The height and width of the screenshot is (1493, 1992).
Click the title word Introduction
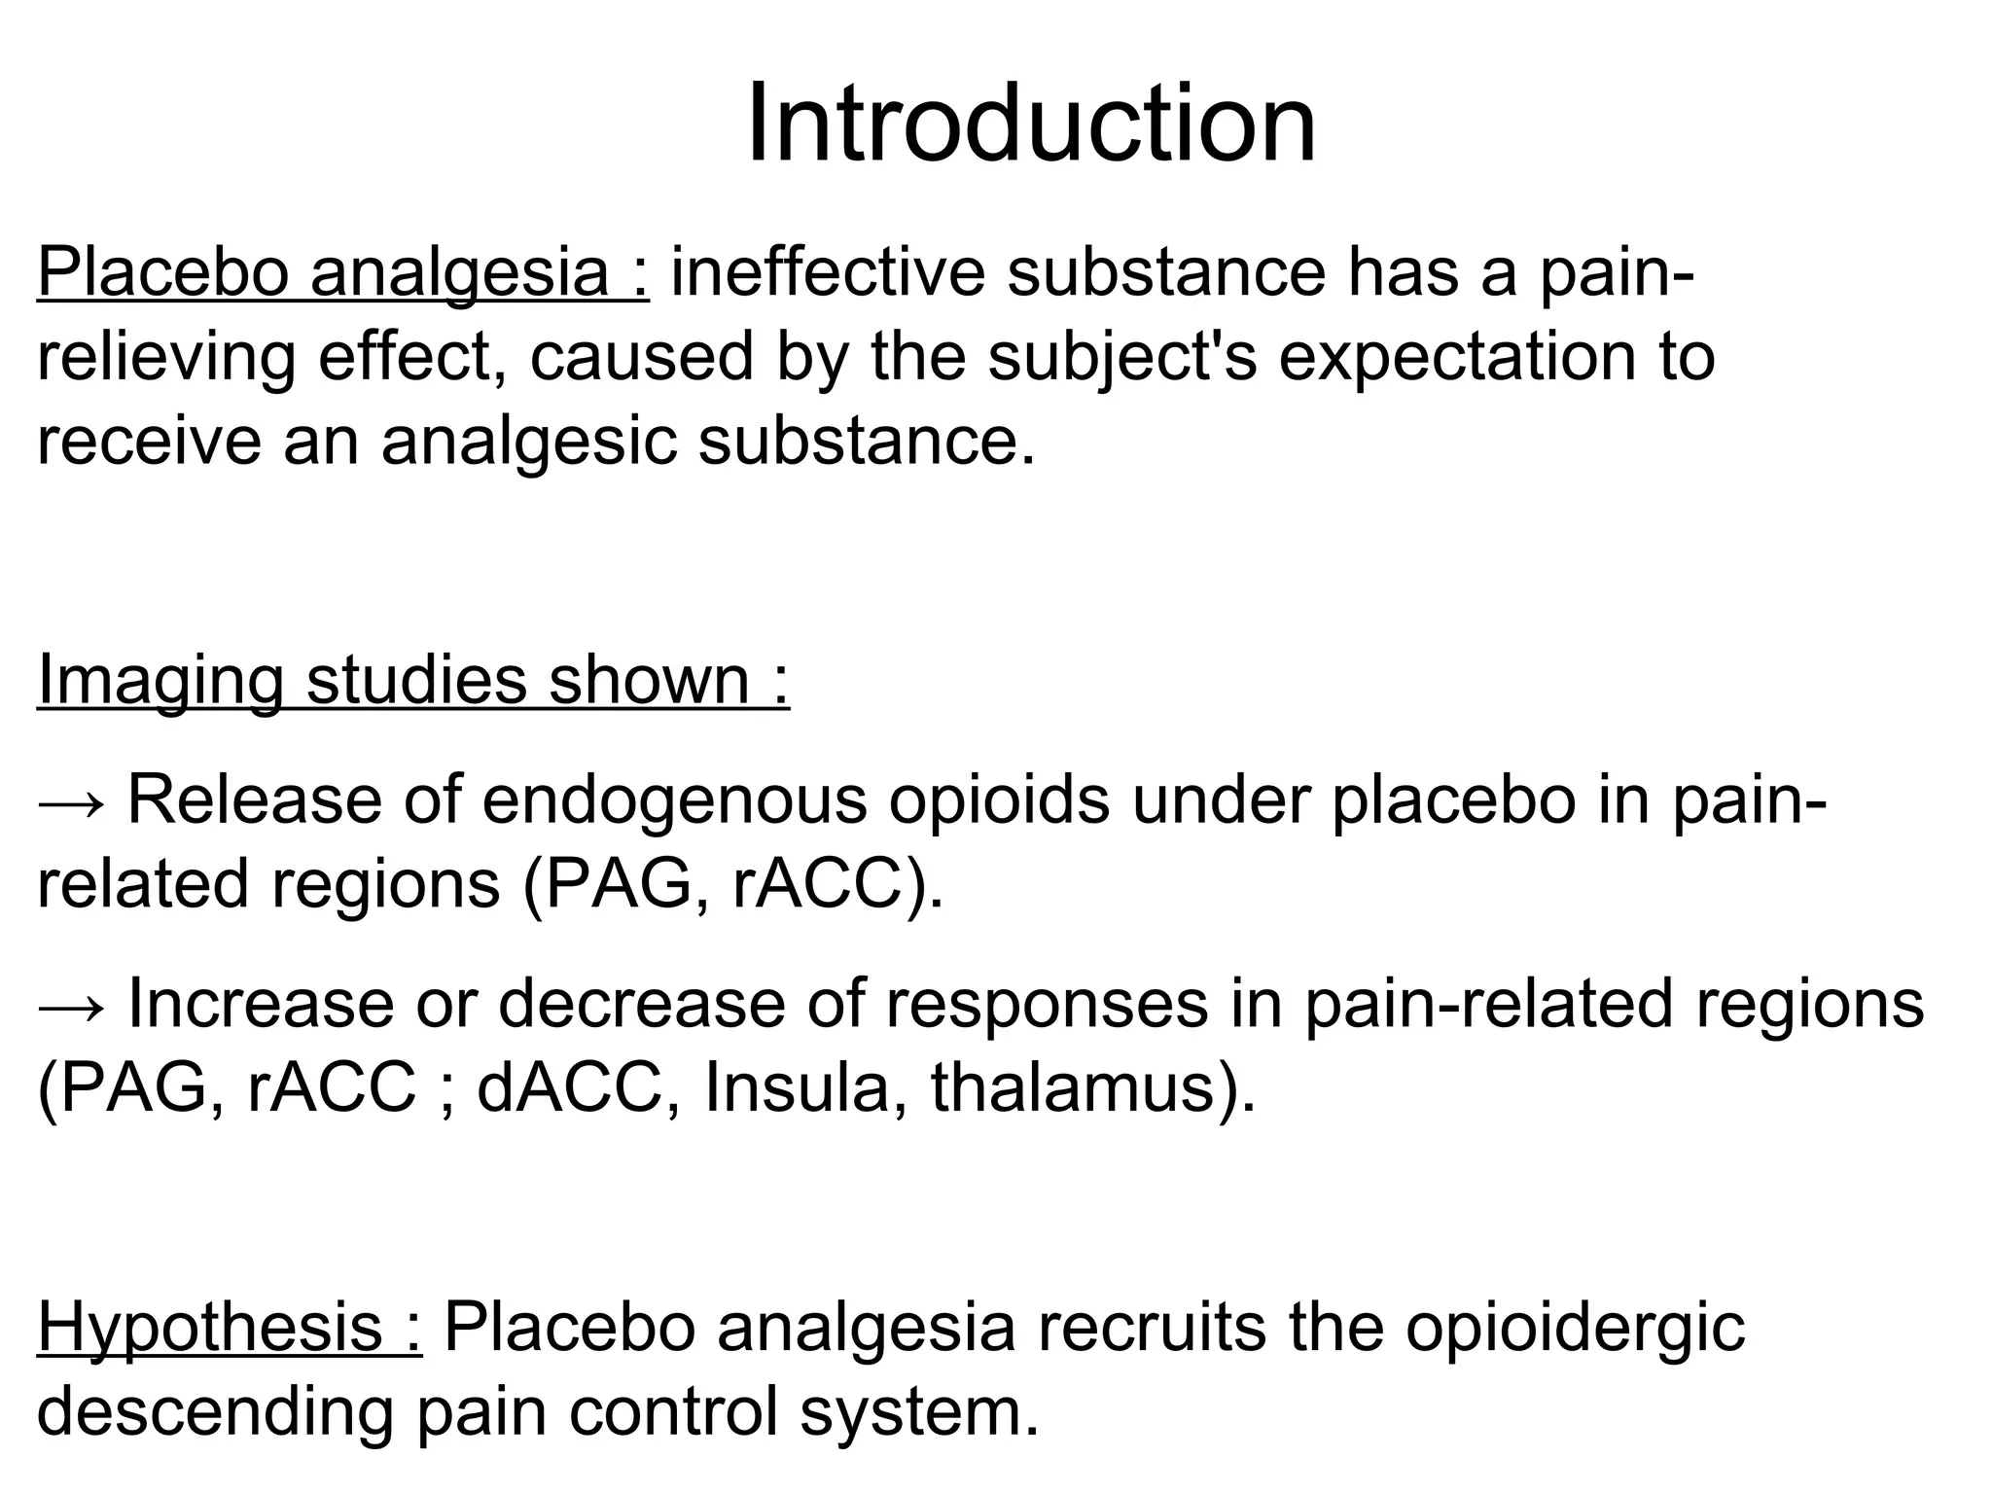click(1031, 124)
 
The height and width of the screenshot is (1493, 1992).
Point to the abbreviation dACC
click(569, 1087)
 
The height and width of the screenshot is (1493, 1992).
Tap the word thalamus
click(1073, 1087)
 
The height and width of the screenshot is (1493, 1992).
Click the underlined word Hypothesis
click(209, 1328)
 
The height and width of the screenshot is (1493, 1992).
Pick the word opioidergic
click(1575, 1328)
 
